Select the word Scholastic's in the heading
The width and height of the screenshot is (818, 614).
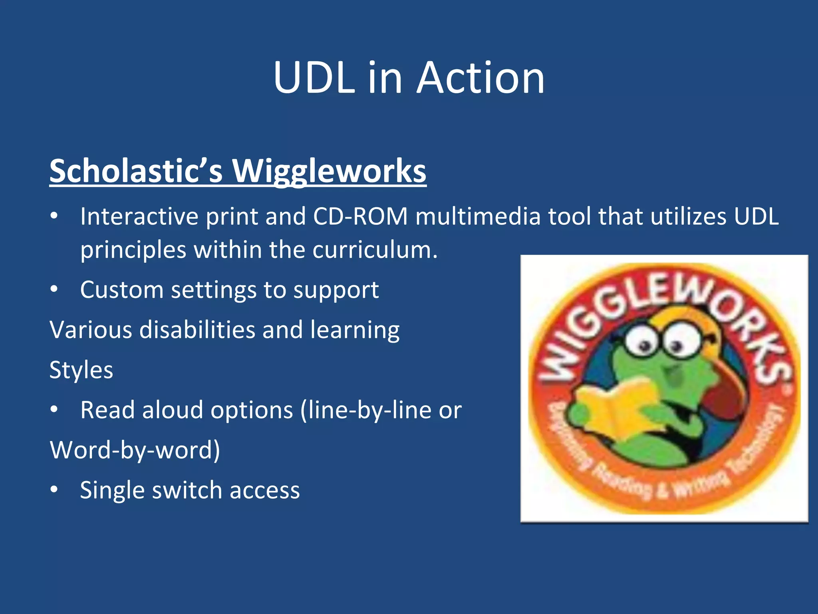[136, 171]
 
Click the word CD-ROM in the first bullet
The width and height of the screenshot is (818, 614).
[360, 217]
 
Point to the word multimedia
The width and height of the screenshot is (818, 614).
[478, 217]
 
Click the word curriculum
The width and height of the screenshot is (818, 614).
[375, 250]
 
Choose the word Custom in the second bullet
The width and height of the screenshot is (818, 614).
[122, 290]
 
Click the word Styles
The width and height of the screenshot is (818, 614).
[81, 370]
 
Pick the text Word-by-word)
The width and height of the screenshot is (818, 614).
[135, 450]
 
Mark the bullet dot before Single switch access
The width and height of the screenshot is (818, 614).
[54, 489]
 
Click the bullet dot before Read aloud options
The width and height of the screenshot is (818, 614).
[54, 409]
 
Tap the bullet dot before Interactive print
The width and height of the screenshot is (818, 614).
[54, 216]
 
